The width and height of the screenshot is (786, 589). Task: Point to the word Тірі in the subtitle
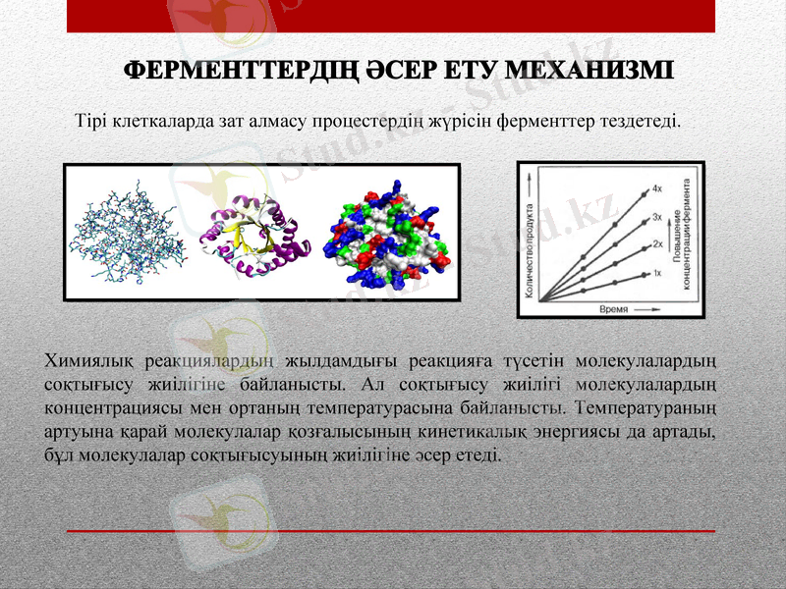tap(91, 123)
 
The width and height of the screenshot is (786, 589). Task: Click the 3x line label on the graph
tap(656, 215)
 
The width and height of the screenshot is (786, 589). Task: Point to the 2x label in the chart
tap(656, 242)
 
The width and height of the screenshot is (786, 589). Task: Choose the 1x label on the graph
tap(656, 272)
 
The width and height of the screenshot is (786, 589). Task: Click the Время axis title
tap(613, 307)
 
